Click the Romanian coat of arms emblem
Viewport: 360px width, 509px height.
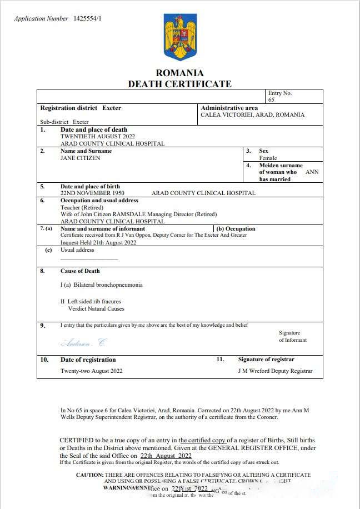180,37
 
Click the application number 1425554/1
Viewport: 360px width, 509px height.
87,18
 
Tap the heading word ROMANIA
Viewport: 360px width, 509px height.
179,73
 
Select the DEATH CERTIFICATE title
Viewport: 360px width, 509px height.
179,84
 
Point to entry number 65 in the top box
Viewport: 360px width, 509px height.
271,100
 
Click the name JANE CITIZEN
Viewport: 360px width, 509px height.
81,158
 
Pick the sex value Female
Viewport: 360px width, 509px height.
268,158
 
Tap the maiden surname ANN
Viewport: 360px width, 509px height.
312,172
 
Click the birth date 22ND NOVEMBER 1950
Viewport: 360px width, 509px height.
92,193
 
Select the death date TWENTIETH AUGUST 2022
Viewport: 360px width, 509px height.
97,136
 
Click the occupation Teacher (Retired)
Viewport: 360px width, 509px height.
82,207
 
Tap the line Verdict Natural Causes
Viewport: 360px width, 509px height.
96,308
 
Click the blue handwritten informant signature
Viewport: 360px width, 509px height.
83,341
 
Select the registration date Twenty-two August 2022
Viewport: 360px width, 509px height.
91,371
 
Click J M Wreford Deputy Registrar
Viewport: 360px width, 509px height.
275,371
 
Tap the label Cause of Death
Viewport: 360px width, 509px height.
80,271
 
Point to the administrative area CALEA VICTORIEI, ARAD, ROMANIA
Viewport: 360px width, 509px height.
252,115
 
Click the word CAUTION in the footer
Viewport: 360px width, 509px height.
89,475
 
